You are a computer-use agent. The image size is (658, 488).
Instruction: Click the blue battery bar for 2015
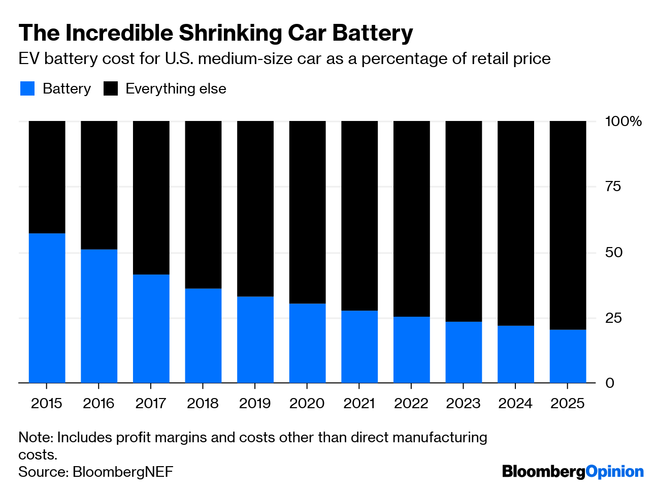(47, 308)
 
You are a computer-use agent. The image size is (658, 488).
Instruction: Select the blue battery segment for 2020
(307, 343)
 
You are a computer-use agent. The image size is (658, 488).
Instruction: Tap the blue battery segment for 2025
(568, 356)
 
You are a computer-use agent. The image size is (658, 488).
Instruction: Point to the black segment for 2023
(464, 221)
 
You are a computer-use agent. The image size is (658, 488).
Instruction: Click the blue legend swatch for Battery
(27, 88)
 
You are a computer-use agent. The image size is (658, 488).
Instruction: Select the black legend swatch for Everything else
(111, 88)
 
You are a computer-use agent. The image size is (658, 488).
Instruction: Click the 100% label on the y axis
(623, 121)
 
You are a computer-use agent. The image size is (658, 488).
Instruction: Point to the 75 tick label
(613, 187)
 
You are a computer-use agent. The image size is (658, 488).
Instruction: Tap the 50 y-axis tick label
(613, 252)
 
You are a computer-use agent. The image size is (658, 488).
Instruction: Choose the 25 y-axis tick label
(613, 318)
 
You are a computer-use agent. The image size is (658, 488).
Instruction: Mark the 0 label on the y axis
(609, 383)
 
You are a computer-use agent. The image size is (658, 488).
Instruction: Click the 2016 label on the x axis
(98, 404)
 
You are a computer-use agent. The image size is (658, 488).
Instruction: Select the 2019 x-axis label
(255, 404)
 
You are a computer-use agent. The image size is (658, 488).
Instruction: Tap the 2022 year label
(411, 404)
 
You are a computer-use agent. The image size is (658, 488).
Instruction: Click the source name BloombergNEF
(122, 472)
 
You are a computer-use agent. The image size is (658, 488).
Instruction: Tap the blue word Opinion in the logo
(614, 472)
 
